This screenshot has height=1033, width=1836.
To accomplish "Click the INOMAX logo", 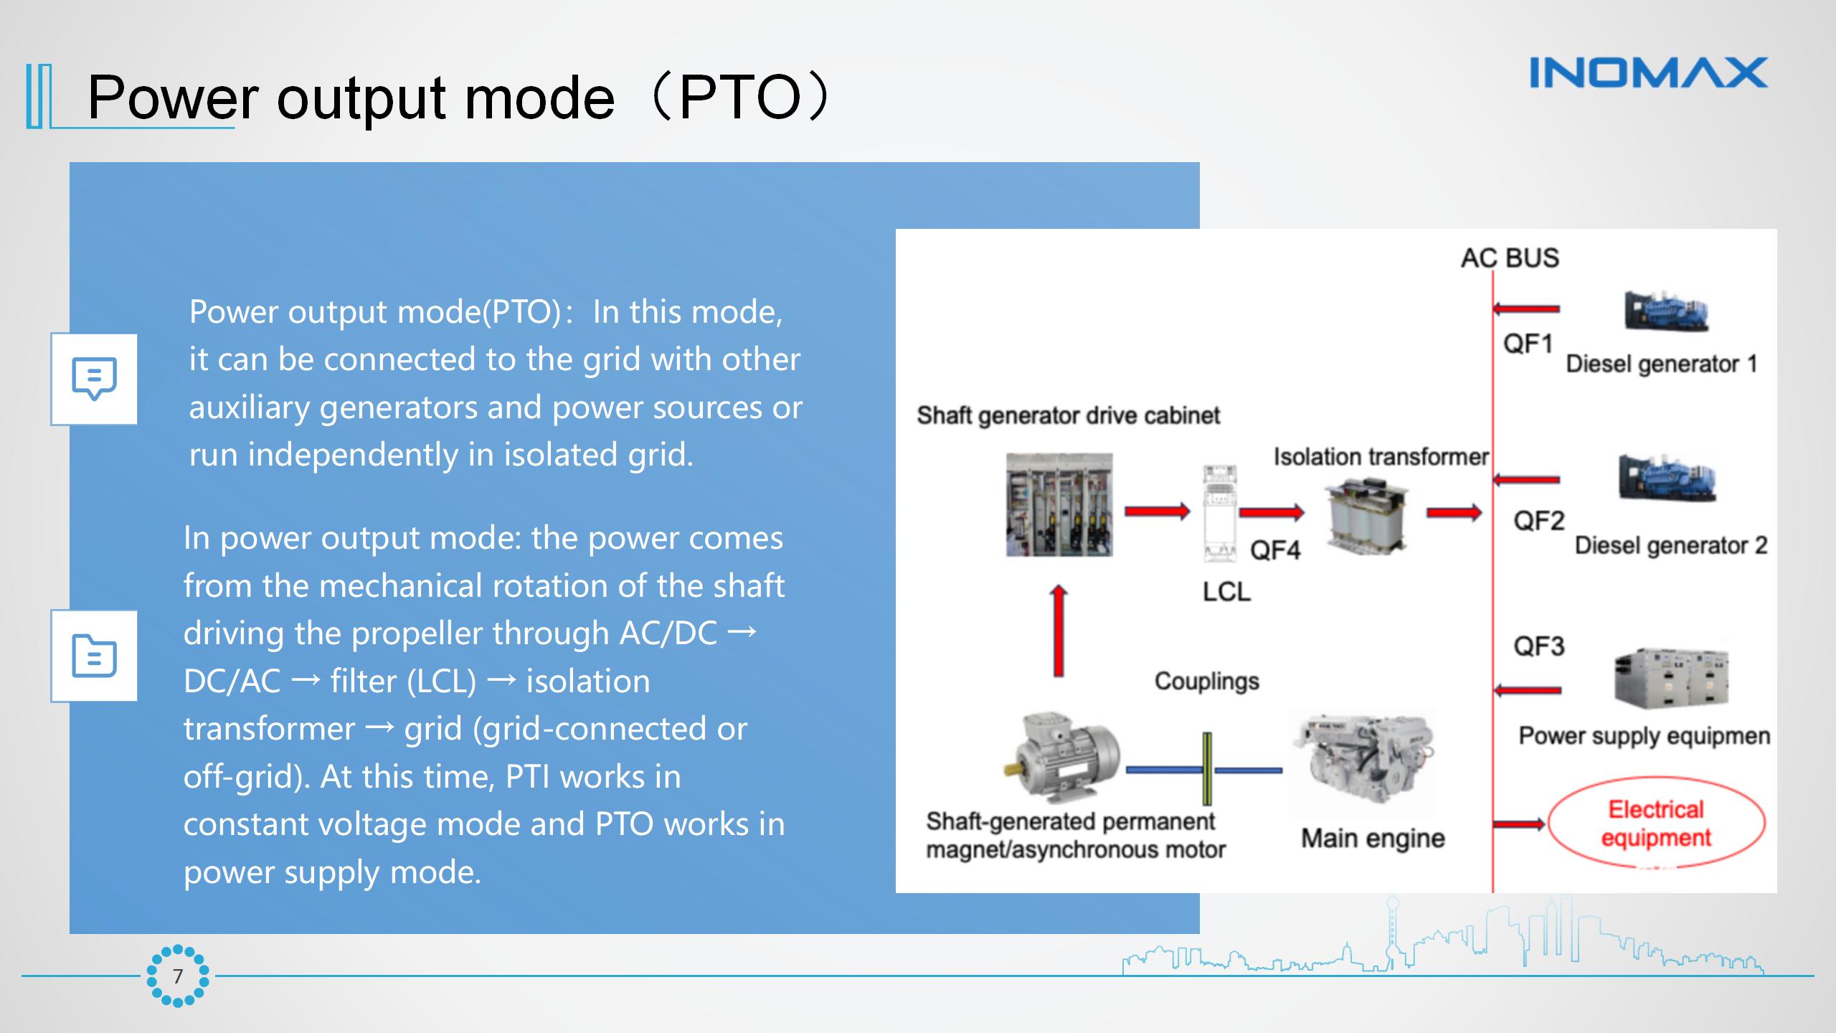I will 1648,72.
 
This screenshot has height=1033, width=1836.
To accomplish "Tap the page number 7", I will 178,976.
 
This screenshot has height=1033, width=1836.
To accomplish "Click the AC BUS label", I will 1510,258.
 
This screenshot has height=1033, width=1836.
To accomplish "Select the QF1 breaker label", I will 1528,344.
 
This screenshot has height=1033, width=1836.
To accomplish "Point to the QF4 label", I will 1274,551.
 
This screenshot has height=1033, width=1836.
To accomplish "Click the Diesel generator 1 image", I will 1666,312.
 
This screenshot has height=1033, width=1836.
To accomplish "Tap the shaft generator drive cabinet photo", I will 1059,505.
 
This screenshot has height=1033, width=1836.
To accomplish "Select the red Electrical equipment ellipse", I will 1656,824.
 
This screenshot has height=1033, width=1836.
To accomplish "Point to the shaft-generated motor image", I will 1062,757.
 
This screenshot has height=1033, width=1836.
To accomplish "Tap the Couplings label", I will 1206,681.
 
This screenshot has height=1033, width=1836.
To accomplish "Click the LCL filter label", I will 1226,592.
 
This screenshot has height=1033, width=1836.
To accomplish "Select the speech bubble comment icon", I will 94,379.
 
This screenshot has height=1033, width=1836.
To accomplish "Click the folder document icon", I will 94,656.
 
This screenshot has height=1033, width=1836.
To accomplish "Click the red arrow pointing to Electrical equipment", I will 1519,824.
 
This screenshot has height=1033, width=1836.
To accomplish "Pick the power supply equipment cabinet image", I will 1671,678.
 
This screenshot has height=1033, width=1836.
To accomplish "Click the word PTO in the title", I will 739,98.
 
